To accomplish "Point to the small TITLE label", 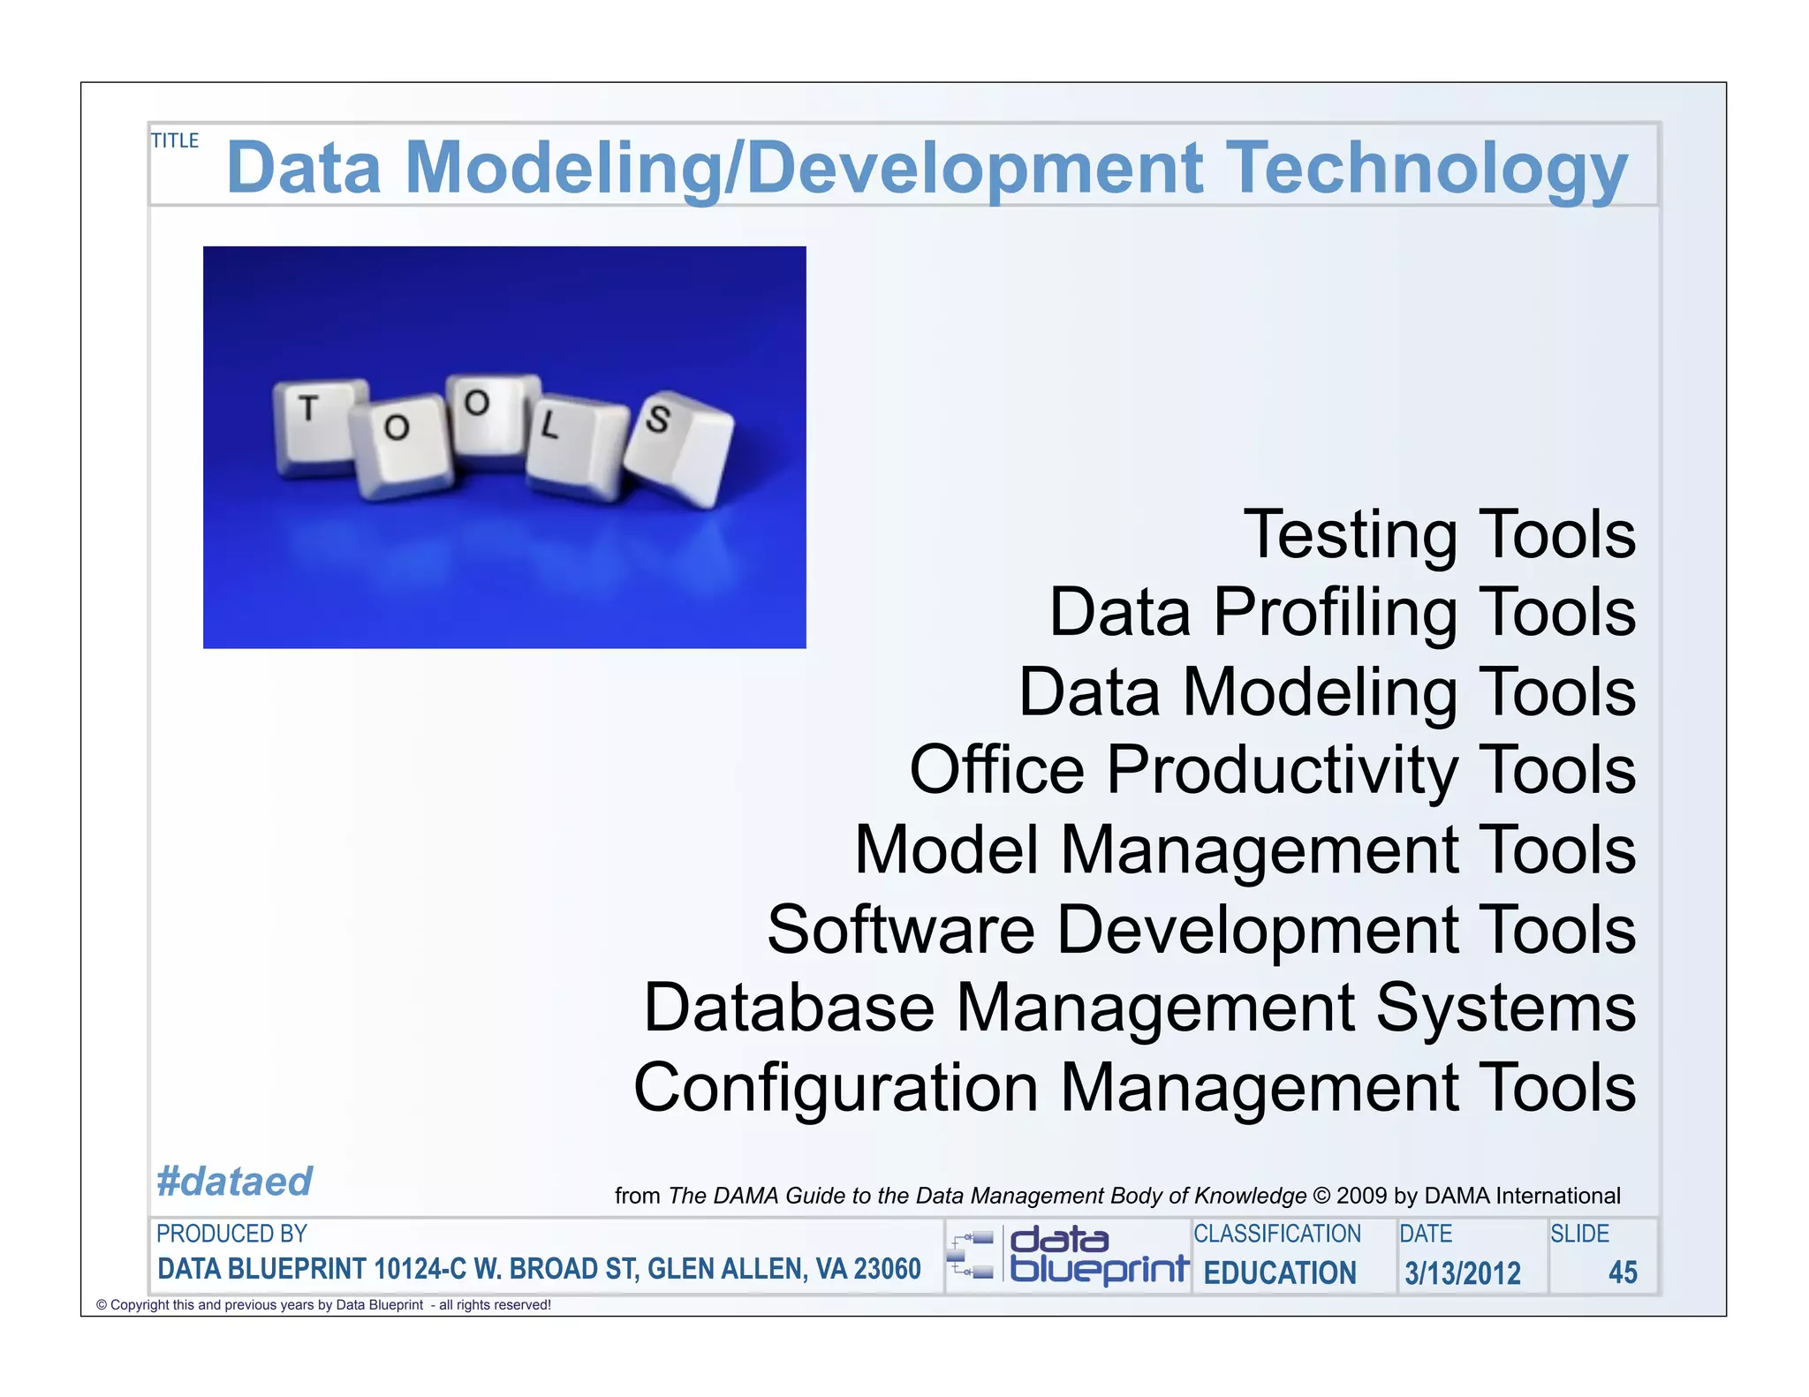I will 175,140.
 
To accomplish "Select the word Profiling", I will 1335,613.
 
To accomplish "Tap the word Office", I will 996,770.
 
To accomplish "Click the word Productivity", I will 1282,770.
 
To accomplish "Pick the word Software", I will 900,930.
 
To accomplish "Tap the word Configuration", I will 836,1088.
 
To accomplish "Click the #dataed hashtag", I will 234,1182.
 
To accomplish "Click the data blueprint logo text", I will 1098,1256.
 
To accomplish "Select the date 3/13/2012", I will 1463,1273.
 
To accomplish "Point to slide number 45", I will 1622,1272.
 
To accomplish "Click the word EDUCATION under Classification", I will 1279,1273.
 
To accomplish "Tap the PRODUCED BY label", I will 231,1234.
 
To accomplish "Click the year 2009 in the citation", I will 1361,1196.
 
